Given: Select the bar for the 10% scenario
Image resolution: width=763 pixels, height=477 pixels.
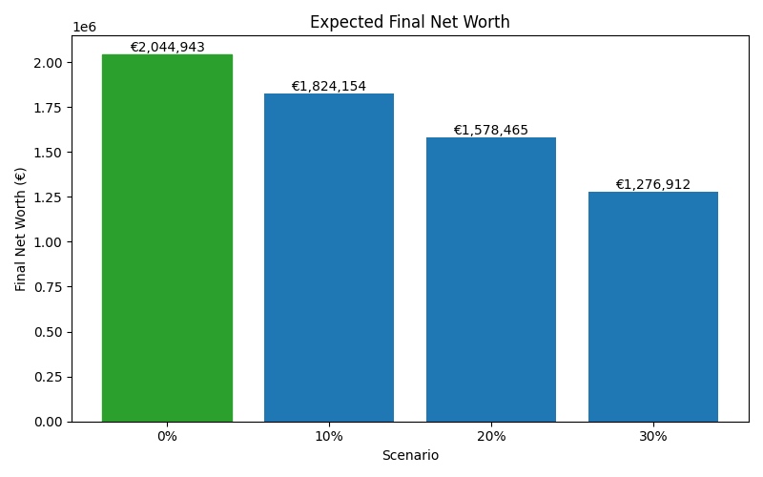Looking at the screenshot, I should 329,258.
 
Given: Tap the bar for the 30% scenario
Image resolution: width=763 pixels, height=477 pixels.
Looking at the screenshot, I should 653,306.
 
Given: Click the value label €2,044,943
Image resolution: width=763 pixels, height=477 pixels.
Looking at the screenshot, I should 167,48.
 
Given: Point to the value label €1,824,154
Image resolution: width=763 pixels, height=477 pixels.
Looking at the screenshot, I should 329,87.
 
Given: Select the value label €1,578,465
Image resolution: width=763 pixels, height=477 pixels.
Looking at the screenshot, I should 491,131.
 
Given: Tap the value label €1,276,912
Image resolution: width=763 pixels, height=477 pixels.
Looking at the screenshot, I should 653,185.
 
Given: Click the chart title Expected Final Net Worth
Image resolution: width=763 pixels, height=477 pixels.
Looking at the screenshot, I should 410,22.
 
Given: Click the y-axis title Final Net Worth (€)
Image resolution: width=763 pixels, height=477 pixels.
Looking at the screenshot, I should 21,229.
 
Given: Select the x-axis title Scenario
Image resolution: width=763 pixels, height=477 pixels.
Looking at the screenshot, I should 410,456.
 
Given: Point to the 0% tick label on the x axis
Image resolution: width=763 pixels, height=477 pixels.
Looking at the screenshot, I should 167,436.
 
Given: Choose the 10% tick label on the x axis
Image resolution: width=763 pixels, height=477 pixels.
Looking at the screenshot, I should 329,436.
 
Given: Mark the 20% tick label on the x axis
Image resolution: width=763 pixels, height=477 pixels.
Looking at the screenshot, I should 491,436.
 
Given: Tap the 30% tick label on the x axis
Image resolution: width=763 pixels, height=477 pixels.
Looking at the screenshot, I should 653,436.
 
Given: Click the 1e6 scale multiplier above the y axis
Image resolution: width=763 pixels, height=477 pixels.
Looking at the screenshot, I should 85,28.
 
